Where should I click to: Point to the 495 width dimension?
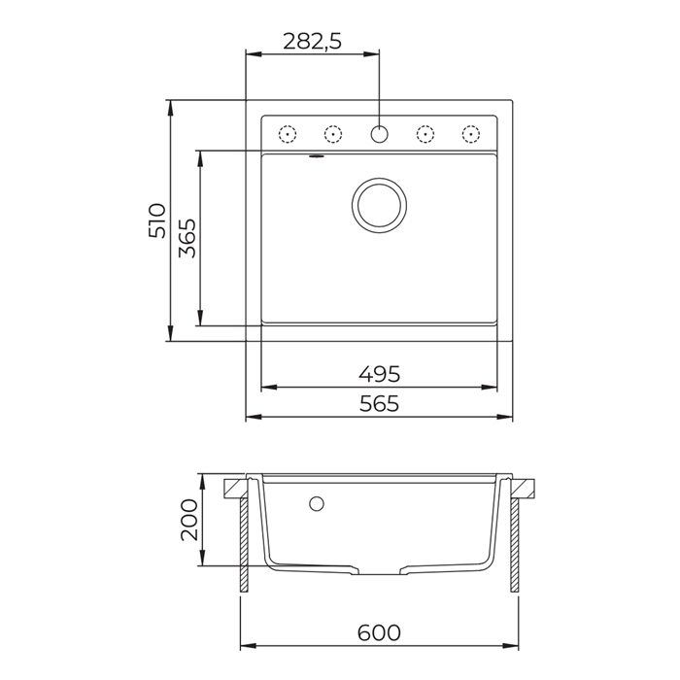point(379,373)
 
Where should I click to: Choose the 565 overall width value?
point(379,404)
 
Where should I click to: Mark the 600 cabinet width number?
point(379,632)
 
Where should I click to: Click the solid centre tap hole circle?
point(379,133)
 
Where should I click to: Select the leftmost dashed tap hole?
point(287,133)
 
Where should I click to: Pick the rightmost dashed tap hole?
point(471,133)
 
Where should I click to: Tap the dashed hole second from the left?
point(332,133)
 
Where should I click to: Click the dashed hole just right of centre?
point(425,133)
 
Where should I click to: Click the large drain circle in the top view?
point(378,205)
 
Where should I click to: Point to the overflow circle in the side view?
point(315,503)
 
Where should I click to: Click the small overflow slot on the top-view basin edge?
point(316,154)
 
